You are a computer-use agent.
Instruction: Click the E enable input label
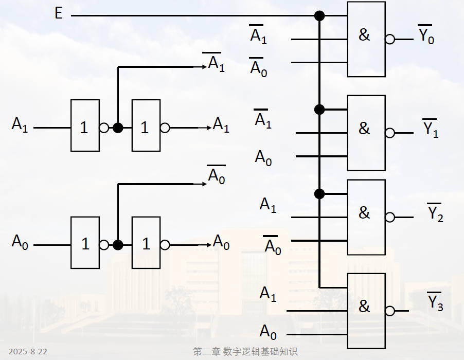pyautogui.click(x=59, y=13)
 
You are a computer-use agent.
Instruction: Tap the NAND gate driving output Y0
pyautogui.click(x=366, y=39)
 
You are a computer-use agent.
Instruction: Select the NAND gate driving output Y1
pyautogui.click(x=366, y=133)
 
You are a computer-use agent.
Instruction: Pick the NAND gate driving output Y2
pyautogui.click(x=366, y=217)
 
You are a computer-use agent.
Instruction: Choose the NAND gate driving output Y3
pyautogui.click(x=366, y=310)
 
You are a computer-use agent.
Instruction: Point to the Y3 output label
pyautogui.click(x=435, y=302)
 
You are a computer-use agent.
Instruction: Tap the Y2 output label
pyautogui.click(x=435, y=214)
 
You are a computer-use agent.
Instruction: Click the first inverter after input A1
pyautogui.click(x=85, y=125)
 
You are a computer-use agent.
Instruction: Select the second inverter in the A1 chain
pyautogui.click(x=146, y=125)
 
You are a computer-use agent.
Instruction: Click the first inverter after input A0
pyautogui.click(x=85, y=243)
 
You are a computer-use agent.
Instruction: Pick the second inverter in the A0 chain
pyautogui.click(x=146, y=243)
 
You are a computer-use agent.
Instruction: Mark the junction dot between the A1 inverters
pyautogui.click(x=118, y=128)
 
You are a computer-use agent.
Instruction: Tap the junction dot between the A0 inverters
pyautogui.click(x=118, y=245)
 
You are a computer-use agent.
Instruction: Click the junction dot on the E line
pyautogui.click(x=319, y=16)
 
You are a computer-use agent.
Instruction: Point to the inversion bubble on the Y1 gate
pyautogui.click(x=390, y=133)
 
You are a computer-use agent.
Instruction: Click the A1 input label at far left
pyautogui.click(x=20, y=125)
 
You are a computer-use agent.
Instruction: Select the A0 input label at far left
pyautogui.click(x=20, y=242)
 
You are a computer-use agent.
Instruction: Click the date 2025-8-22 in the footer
pyautogui.click(x=28, y=352)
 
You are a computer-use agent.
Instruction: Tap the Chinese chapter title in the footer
pyautogui.click(x=245, y=352)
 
